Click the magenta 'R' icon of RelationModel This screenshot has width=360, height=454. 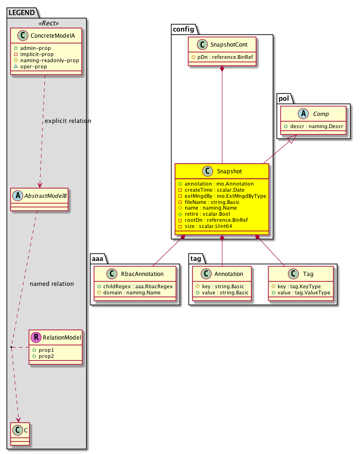36,337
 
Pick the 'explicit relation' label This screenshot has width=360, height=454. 68,121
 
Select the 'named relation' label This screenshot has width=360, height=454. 51,284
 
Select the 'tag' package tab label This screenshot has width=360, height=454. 197,259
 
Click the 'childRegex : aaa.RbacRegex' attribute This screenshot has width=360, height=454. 135,286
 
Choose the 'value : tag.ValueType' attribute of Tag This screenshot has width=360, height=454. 301,292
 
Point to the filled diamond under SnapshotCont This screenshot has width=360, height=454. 222,70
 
